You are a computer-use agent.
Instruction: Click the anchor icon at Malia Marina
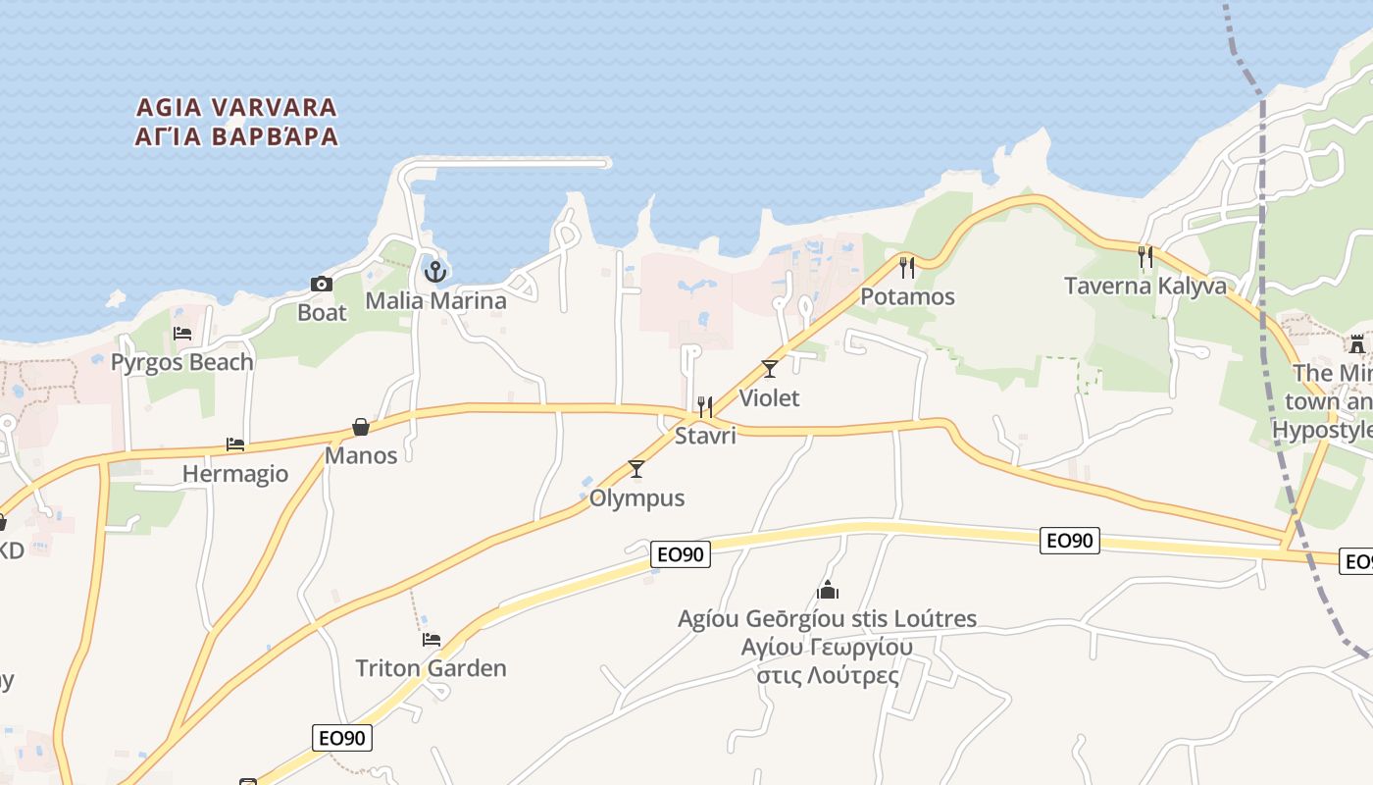pyautogui.click(x=435, y=271)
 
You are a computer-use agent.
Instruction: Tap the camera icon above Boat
pyautogui.click(x=322, y=285)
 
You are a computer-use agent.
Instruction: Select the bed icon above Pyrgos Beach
pyautogui.click(x=182, y=334)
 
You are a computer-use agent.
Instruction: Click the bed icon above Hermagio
pyautogui.click(x=235, y=445)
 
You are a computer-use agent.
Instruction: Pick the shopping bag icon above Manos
pyautogui.click(x=361, y=427)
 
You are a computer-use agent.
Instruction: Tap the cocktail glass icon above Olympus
pyautogui.click(x=636, y=469)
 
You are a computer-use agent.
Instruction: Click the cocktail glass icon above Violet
pyautogui.click(x=770, y=369)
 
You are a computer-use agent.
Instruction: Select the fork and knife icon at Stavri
pyautogui.click(x=704, y=406)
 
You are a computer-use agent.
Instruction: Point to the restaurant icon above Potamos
pyautogui.click(x=907, y=267)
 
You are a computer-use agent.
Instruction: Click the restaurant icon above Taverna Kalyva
pyautogui.click(x=1145, y=257)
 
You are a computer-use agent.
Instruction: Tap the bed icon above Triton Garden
pyautogui.click(x=432, y=640)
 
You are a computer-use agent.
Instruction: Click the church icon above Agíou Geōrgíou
pyautogui.click(x=828, y=590)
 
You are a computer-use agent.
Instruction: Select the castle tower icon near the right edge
pyautogui.click(x=1357, y=344)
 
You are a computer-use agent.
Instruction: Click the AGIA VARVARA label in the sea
pyautogui.click(x=236, y=107)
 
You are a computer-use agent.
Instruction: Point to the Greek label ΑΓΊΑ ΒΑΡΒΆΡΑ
pyautogui.click(x=236, y=136)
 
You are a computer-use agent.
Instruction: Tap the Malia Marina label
pyautogui.click(x=435, y=300)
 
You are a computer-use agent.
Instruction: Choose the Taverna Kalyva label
pyautogui.click(x=1145, y=286)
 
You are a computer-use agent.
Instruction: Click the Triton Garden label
pyautogui.click(x=432, y=668)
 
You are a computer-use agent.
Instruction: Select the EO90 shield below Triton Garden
pyautogui.click(x=342, y=738)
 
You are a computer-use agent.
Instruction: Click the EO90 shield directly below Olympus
pyautogui.click(x=681, y=554)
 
